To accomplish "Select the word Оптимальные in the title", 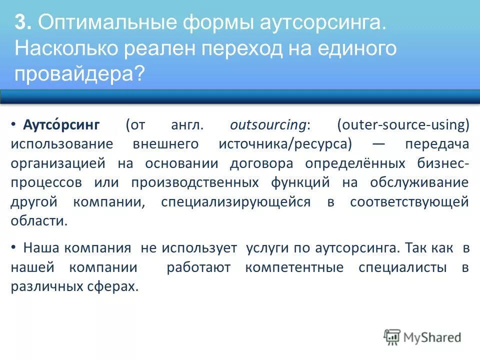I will [x=94, y=23].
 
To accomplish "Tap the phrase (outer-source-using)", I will [x=403, y=125].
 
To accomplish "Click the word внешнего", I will [x=165, y=144].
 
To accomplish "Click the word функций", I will [x=301, y=182].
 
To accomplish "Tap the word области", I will [x=38, y=221].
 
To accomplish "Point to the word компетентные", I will [x=294, y=267].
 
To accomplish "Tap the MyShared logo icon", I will [x=392, y=336].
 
